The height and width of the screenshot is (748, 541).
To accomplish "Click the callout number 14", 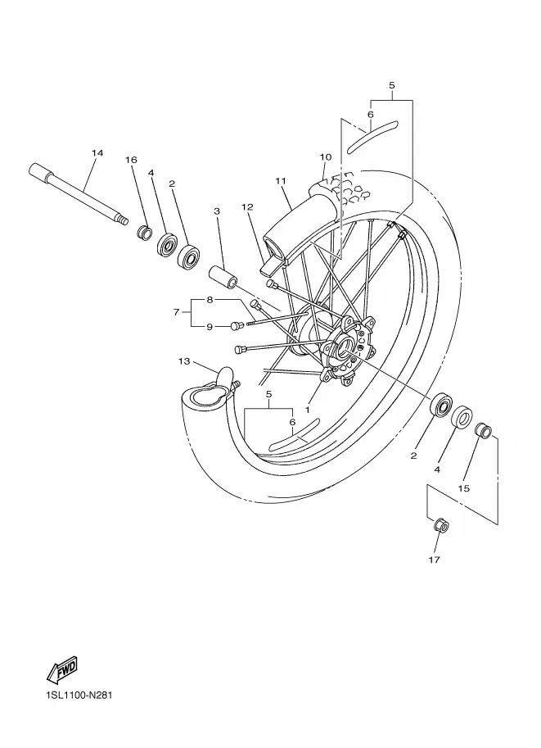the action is pos(97,153).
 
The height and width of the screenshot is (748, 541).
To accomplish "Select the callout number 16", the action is pos(131,159).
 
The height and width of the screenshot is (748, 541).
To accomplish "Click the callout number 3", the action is pos(217,211).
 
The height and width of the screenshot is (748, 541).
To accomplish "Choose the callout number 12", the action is pos(247,207).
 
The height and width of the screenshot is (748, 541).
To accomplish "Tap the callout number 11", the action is pos(281,181).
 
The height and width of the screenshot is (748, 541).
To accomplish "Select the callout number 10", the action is pos(326,157).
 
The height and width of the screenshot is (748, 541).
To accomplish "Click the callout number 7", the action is pos(176,312).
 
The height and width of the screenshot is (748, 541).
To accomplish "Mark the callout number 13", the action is pos(184,361).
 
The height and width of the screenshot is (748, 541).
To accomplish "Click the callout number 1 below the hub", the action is pos(308,410).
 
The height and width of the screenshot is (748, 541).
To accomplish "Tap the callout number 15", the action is pos(463,488).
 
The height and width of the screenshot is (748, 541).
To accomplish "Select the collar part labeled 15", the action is pos(482,428).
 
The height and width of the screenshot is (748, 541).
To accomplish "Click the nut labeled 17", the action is pos(441,526).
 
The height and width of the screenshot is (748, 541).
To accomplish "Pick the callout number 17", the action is pos(434,560).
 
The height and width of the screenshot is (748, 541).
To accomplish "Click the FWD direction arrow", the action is pos(61,669).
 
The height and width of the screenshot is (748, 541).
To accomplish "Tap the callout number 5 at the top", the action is pos(392,85).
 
